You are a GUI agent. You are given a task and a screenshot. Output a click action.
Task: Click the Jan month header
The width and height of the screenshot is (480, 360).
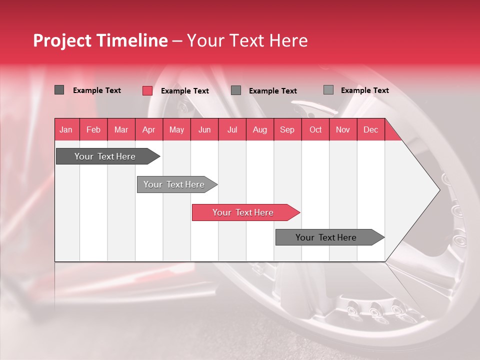pyautogui.click(x=66, y=129)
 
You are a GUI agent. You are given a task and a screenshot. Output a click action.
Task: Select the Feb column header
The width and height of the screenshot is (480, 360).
pyautogui.click(x=93, y=129)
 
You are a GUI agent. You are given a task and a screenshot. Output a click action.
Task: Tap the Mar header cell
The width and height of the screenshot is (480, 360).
pyautogui.click(x=121, y=129)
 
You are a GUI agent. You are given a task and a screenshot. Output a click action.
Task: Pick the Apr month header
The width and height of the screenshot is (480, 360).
pyautogui.click(x=149, y=129)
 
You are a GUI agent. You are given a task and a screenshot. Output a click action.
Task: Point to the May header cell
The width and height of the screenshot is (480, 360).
pyautogui.click(x=176, y=129)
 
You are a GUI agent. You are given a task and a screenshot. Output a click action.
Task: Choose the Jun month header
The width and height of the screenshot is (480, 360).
pyautogui.click(x=204, y=129)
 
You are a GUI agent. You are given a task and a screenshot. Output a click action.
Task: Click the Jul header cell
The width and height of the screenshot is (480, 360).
pyautogui.click(x=232, y=129)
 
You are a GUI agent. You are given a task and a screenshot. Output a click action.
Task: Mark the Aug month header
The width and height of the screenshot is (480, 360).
pyautogui.click(x=260, y=129)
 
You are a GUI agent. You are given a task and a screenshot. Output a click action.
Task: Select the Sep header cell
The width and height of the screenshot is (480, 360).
pyautogui.click(x=287, y=129)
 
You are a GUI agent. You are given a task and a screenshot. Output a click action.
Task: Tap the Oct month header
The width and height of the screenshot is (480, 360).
pyautogui.click(x=315, y=129)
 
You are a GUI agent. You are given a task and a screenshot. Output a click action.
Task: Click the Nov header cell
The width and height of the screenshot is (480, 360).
pyautogui.click(x=343, y=129)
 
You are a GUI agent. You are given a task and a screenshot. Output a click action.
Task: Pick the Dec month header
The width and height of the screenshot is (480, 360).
pyautogui.click(x=371, y=129)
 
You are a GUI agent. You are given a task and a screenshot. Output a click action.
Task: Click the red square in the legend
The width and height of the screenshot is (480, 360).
pyautogui.click(x=147, y=90)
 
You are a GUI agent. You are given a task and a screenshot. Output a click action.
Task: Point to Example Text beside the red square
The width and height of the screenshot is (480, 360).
pyautogui.click(x=185, y=91)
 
